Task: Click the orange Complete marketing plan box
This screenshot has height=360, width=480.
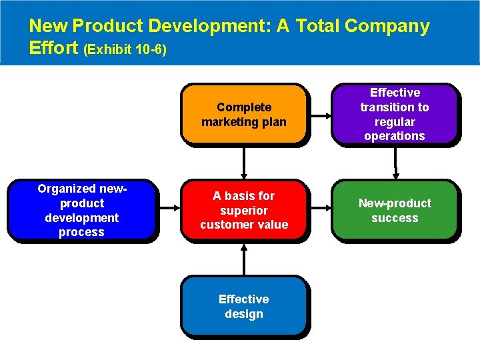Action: [243, 114]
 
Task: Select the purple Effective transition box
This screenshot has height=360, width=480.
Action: [395, 114]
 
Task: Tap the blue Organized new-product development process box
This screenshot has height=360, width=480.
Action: [81, 210]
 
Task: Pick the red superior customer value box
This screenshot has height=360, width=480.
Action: [243, 210]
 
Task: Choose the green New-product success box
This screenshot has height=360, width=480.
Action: [395, 210]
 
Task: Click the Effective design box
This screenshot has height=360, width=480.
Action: [243, 306]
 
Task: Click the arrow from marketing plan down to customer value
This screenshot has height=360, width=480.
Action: [244, 162]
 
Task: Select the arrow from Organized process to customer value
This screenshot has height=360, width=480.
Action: [168, 211]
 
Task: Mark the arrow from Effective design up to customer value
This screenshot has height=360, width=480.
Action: [244, 259]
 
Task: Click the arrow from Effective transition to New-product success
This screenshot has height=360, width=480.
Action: [395, 162]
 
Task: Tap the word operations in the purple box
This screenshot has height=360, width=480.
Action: [395, 136]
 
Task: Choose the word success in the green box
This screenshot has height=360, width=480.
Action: [395, 218]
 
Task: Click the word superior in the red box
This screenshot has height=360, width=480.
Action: [243, 210]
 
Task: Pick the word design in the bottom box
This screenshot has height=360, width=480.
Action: [243, 313]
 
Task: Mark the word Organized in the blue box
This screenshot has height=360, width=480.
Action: [65, 189]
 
